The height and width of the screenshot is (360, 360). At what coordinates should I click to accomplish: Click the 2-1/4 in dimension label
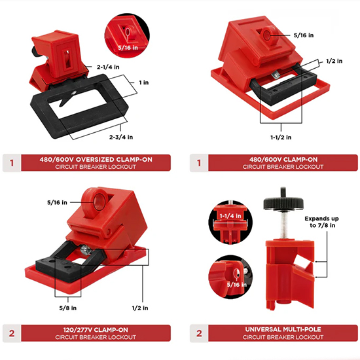pyautogui.click(x=108, y=67)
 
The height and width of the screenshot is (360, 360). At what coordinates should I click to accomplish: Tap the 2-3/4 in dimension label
pyautogui.click(x=121, y=137)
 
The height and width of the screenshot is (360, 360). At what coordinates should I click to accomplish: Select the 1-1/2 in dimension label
pyautogui.click(x=281, y=137)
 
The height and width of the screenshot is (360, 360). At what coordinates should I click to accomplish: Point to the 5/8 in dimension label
pyautogui.click(x=68, y=308)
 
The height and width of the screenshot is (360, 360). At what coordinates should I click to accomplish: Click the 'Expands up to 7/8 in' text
pyautogui.click(x=321, y=222)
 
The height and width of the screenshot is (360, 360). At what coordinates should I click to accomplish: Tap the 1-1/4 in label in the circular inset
pyautogui.click(x=230, y=216)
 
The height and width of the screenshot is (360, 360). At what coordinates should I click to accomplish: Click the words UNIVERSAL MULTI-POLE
pyautogui.click(x=283, y=329)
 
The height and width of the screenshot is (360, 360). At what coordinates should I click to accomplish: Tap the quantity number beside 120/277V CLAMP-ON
pyautogui.click(x=12, y=333)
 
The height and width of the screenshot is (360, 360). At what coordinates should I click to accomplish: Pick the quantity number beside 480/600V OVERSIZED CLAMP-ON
pyautogui.click(x=12, y=163)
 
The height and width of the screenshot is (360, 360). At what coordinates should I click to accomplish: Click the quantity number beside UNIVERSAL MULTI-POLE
pyautogui.click(x=199, y=333)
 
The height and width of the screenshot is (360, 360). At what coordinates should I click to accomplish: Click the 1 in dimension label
pyautogui.click(x=144, y=82)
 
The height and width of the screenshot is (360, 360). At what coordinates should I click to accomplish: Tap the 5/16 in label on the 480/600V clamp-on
pyautogui.click(x=304, y=35)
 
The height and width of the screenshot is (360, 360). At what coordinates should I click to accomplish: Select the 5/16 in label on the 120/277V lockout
pyautogui.click(x=57, y=202)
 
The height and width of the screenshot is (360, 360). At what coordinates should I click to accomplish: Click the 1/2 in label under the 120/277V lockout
pyautogui.click(x=140, y=308)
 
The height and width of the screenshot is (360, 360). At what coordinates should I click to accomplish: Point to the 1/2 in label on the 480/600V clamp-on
pyautogui.click(x=334, y=61)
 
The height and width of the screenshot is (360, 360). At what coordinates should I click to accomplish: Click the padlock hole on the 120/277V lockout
pyautogui.click(x=99, y=202)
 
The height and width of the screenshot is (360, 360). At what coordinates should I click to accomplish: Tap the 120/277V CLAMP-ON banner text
pyautogui.click(x=96, y=330)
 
